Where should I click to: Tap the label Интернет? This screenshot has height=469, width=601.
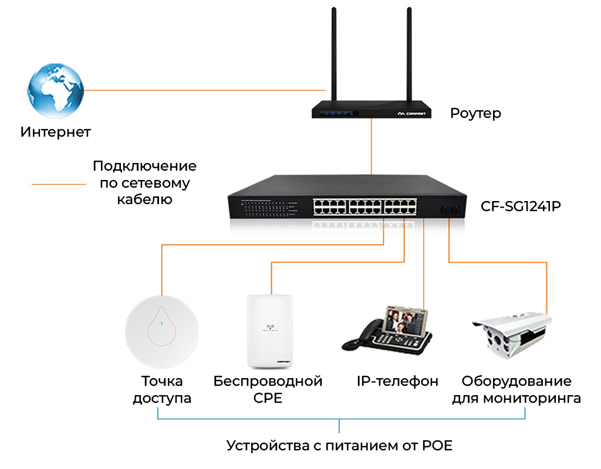coord(56,131)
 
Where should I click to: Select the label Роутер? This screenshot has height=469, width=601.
coord(475,113)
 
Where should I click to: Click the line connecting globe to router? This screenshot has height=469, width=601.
coord(205,90)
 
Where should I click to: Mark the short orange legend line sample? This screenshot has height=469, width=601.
coord(59,184)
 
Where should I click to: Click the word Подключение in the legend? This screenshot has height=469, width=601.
coord(144,166)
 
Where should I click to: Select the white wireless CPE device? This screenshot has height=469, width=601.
coord(270,331)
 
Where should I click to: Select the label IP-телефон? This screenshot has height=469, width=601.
coord(397,382)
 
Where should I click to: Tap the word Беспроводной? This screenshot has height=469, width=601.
coord(268,382)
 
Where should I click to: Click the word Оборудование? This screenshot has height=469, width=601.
coord(516,382)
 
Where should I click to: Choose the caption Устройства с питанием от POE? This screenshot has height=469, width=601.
coord(340,446)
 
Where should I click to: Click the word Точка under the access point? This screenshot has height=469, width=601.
coord(162,382)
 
